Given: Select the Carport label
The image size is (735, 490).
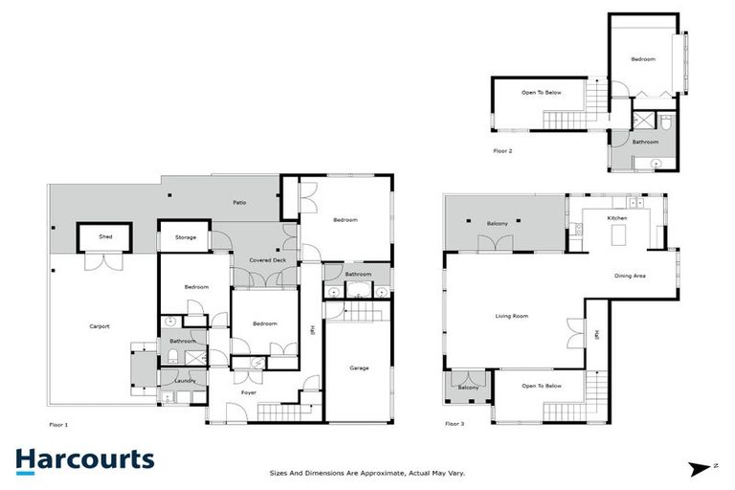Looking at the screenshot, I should click(100, 326).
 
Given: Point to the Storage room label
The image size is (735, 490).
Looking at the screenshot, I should click(185, 236).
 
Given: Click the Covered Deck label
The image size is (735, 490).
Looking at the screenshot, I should click(267, 260).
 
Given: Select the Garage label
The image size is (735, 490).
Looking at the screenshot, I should click(359, 367).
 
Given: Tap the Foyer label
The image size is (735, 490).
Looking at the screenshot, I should click(248, 392).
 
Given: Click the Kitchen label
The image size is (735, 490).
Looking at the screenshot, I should click(617, 218).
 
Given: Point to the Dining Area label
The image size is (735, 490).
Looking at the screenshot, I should click(630, 276).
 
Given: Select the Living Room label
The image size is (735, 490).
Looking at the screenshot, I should click(512, 316).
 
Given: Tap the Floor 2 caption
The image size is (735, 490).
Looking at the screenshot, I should click(502, 151).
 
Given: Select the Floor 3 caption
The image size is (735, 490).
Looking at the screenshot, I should click(455, 423).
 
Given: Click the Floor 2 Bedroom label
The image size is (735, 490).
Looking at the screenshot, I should click(643, 59).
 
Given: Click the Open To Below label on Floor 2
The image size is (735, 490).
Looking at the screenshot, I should click(541, 93).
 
